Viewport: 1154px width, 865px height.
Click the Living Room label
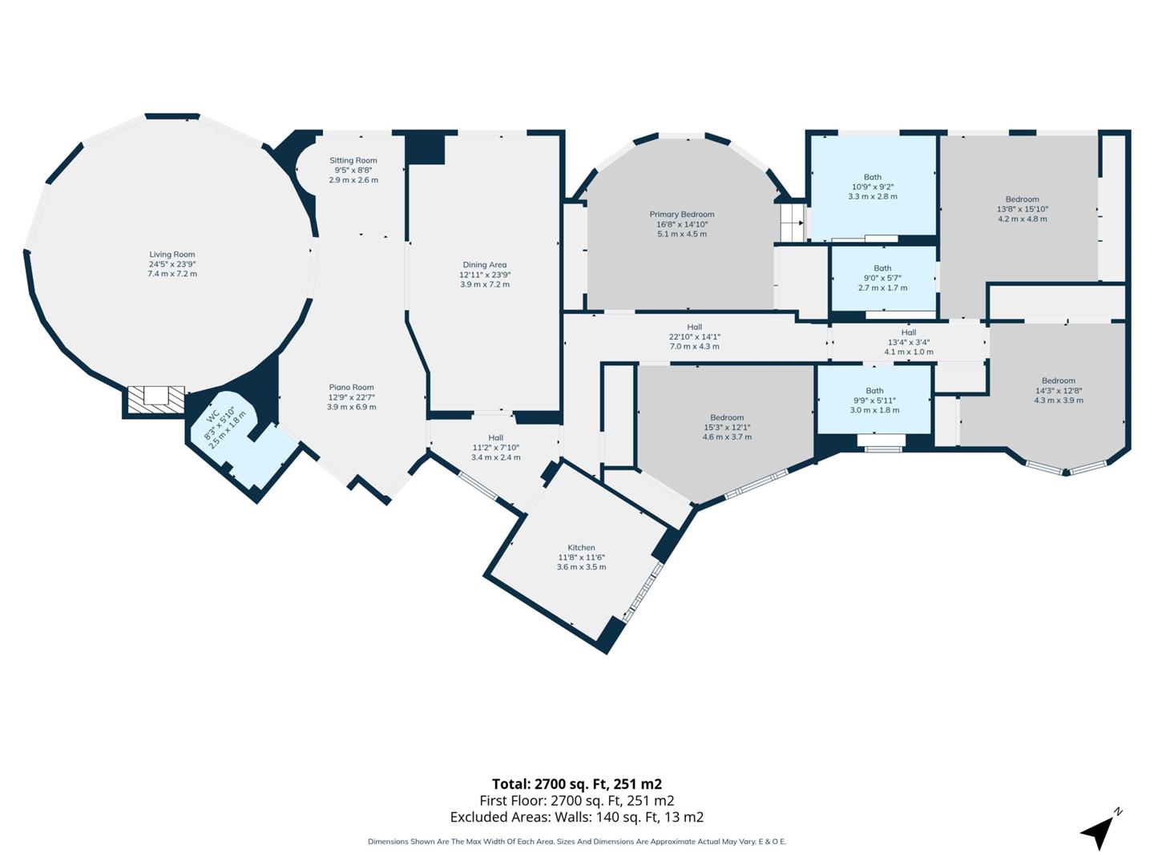click(171, 255)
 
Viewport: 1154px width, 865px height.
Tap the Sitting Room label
click(353, 161)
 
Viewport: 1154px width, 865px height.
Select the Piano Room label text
click(351, 388)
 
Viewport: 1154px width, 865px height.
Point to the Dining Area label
click(484, 265)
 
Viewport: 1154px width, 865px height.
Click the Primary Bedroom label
click(681, 215)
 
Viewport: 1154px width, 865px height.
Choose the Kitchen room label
click(581, 548)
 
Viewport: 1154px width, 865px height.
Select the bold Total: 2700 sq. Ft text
click(576, 784)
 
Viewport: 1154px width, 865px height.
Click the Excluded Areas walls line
click(576, 817)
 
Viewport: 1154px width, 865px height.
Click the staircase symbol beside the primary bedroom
click(792, 221)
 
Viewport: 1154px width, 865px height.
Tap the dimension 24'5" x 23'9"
click(171, 264)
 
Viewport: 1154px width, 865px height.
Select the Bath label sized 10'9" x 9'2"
click(872, 177)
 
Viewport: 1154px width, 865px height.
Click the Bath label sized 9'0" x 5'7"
click(882, 268)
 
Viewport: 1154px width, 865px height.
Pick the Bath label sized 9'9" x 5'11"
click(874, 391)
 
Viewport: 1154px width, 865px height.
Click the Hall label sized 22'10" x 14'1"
click(694, 327)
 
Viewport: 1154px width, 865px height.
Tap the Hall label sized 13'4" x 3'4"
click(908, 332)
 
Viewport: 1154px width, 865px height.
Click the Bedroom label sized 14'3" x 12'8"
click(1058, 381)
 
